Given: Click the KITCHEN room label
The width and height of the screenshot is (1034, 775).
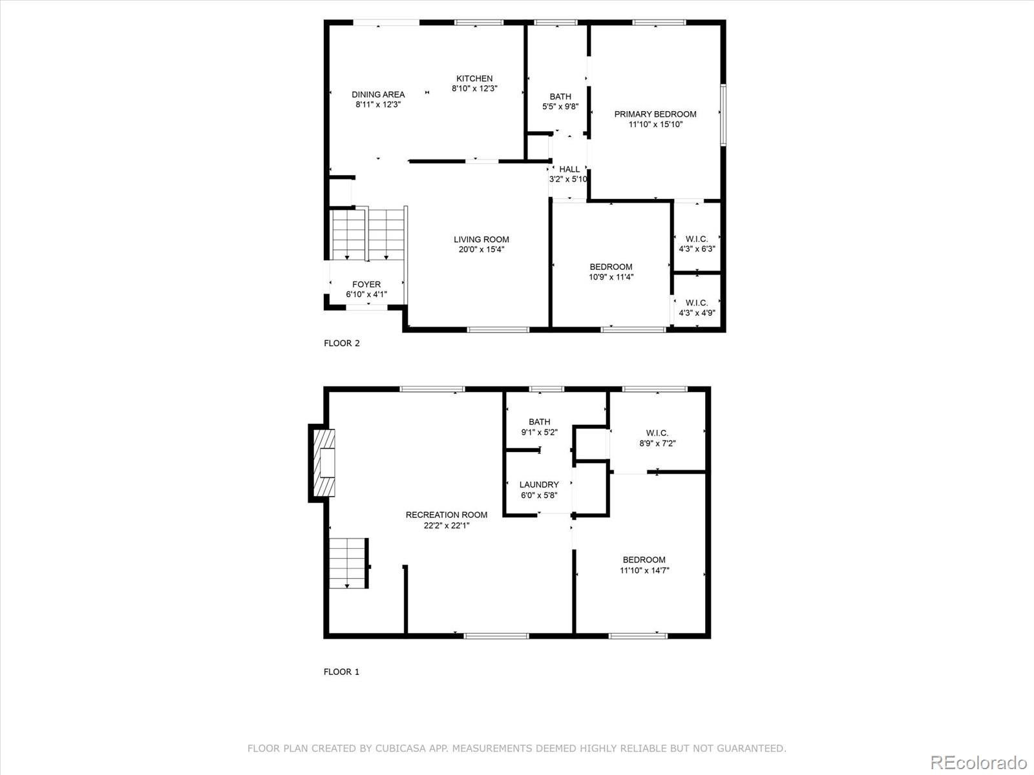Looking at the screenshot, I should [x=474, y=79].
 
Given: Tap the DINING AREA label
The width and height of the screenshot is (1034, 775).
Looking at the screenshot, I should [x=378, y=94].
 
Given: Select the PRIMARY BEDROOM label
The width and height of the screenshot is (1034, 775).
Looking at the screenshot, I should [x=655, y=114].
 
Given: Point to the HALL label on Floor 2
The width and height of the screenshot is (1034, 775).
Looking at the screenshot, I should [x=569, y=169].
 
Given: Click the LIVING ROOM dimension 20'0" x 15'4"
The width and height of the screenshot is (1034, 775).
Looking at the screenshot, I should [x=481, y=249].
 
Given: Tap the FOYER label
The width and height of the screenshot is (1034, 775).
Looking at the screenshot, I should [x=366, y=284].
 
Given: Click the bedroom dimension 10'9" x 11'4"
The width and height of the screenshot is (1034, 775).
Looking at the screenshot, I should [x=611, y=277].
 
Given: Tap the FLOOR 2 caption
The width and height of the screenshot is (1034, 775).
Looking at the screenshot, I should [x=341, y=343].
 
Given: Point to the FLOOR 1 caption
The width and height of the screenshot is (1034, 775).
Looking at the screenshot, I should [x=341, y=672].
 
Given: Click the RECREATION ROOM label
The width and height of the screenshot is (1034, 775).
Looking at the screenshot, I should [x=446, y=515].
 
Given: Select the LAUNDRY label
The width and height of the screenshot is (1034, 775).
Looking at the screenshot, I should [x=539, y=484].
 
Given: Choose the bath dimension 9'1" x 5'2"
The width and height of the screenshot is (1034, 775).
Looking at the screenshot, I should [x=539, y=432].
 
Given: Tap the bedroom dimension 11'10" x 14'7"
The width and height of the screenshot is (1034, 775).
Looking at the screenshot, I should [x=644, y=570].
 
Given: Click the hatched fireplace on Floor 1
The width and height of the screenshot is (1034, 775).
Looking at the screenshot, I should [x=325, y=462].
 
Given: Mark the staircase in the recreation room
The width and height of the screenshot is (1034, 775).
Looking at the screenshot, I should [x=348, y=563].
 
